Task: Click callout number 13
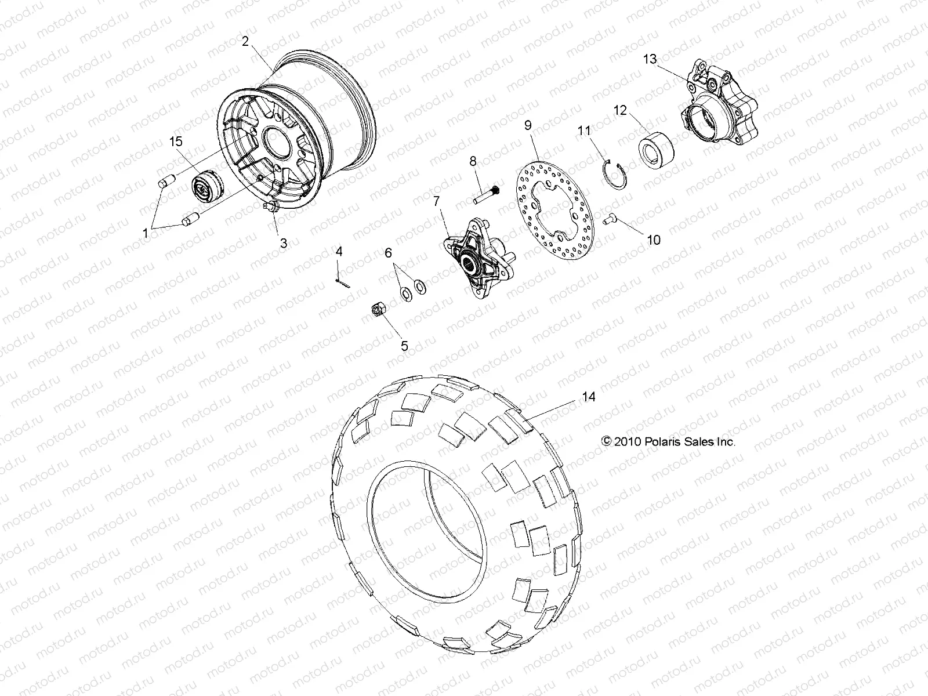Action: point(650,59)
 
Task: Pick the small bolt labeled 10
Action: point(608,219)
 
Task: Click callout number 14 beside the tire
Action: point(589,397)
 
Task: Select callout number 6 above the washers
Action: point(404,252)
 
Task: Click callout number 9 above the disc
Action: point(528,125)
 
